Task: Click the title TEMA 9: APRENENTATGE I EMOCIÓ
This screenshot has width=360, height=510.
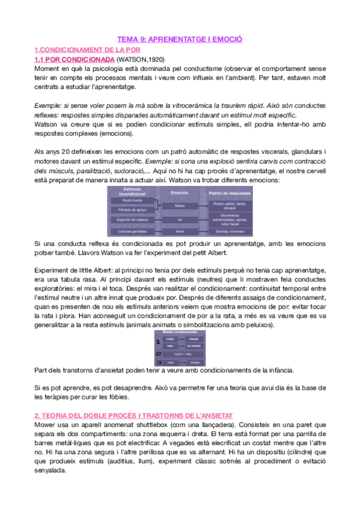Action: click(180, 40)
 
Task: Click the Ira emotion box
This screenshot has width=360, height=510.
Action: click(180, 220)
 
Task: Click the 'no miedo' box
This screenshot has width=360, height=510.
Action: click(194, 346)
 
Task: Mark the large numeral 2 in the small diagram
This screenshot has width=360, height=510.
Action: click(157, 354)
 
